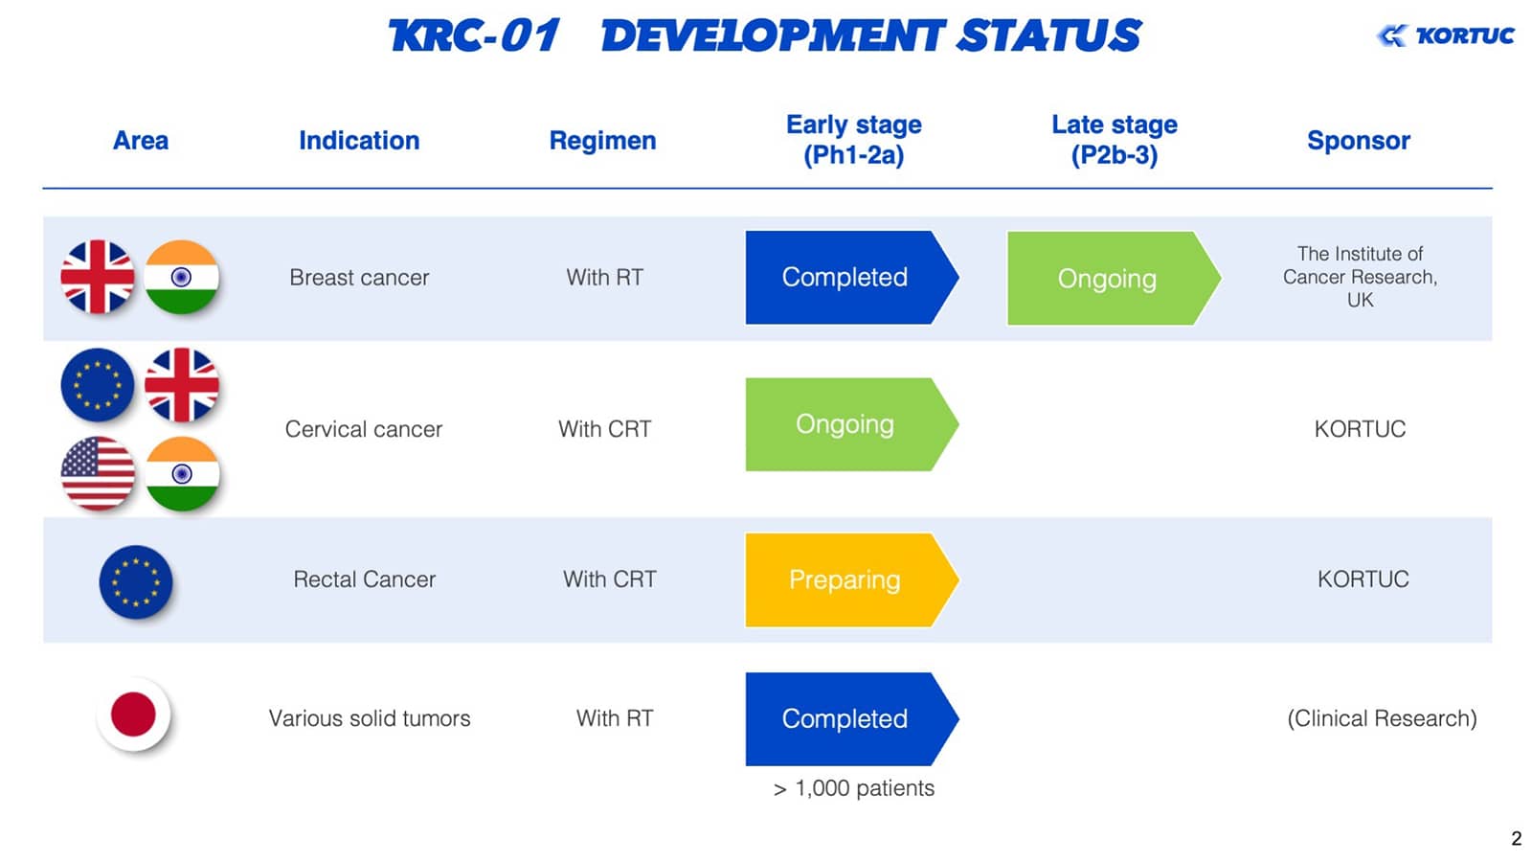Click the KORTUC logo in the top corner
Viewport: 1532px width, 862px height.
click(x=1445, y=35)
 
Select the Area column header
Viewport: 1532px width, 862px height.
click(x=140, y=140)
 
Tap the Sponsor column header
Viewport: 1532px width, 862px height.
click(x=1359, y=140)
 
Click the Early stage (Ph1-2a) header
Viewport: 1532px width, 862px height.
click(x=853, y=140)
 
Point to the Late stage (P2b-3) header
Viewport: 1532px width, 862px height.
click(x=1115, y=140)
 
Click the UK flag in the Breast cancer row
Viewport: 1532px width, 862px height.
click(x=98, y=277)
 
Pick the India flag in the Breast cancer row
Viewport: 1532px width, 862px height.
click(x=182, y=277)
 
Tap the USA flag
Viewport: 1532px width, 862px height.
click(x=98, y=473)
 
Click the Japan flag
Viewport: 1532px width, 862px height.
click(x=133, y=715)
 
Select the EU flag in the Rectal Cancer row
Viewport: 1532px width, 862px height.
click(x=135, y=582)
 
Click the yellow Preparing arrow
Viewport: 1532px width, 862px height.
click(x=851, y=579)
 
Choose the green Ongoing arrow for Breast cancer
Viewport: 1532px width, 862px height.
click(x=1114, y=278)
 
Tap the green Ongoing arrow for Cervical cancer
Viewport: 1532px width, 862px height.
click(x=851, y=424)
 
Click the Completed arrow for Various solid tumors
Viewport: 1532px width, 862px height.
click(x=851, y=719)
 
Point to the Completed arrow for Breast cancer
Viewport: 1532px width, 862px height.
click(x=851, y=277)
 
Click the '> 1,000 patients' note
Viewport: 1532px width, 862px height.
click(x=853, y=788)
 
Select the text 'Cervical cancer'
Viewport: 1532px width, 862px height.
click(x=364, y=429)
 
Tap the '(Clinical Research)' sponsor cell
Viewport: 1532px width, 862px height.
click(x=1383, y=718)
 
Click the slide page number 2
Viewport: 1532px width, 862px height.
click(x=1517, y=838)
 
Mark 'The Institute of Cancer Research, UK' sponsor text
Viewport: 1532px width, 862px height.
click(x=1360, y=277)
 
